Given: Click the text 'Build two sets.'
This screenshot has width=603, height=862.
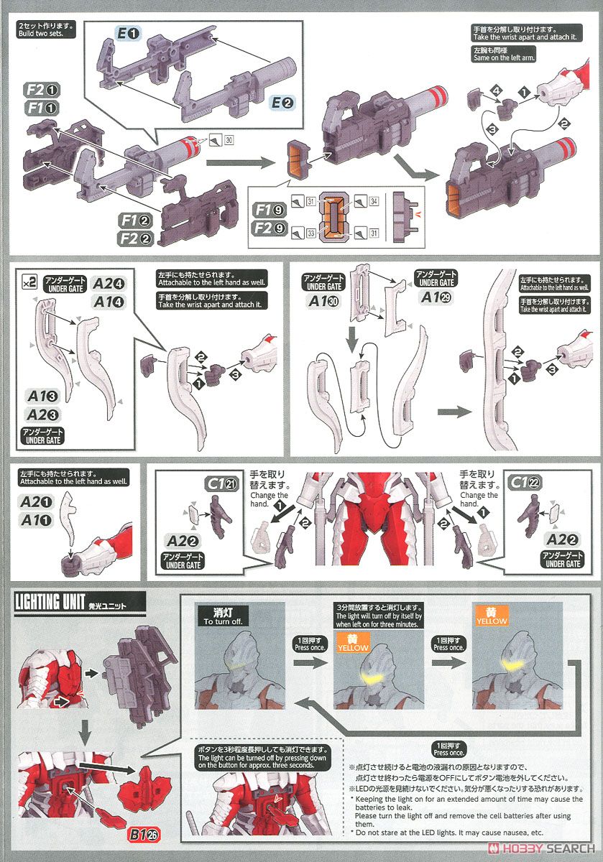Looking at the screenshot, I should pos(41,33).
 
